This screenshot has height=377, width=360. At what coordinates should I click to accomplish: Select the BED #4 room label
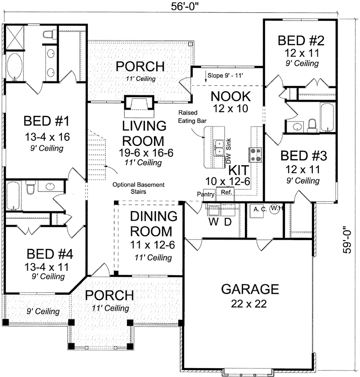[50, 254]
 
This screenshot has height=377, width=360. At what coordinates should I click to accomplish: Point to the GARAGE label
[250, 289]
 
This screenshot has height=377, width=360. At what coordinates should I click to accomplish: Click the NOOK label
[230, 96]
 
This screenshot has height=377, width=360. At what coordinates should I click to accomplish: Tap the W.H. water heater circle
[276, 209]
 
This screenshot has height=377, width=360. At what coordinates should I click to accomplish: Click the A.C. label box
[258, 209]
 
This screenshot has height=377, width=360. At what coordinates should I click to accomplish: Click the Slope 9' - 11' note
[231, 75]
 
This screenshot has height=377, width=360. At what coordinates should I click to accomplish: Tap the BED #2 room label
[298, 40]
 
